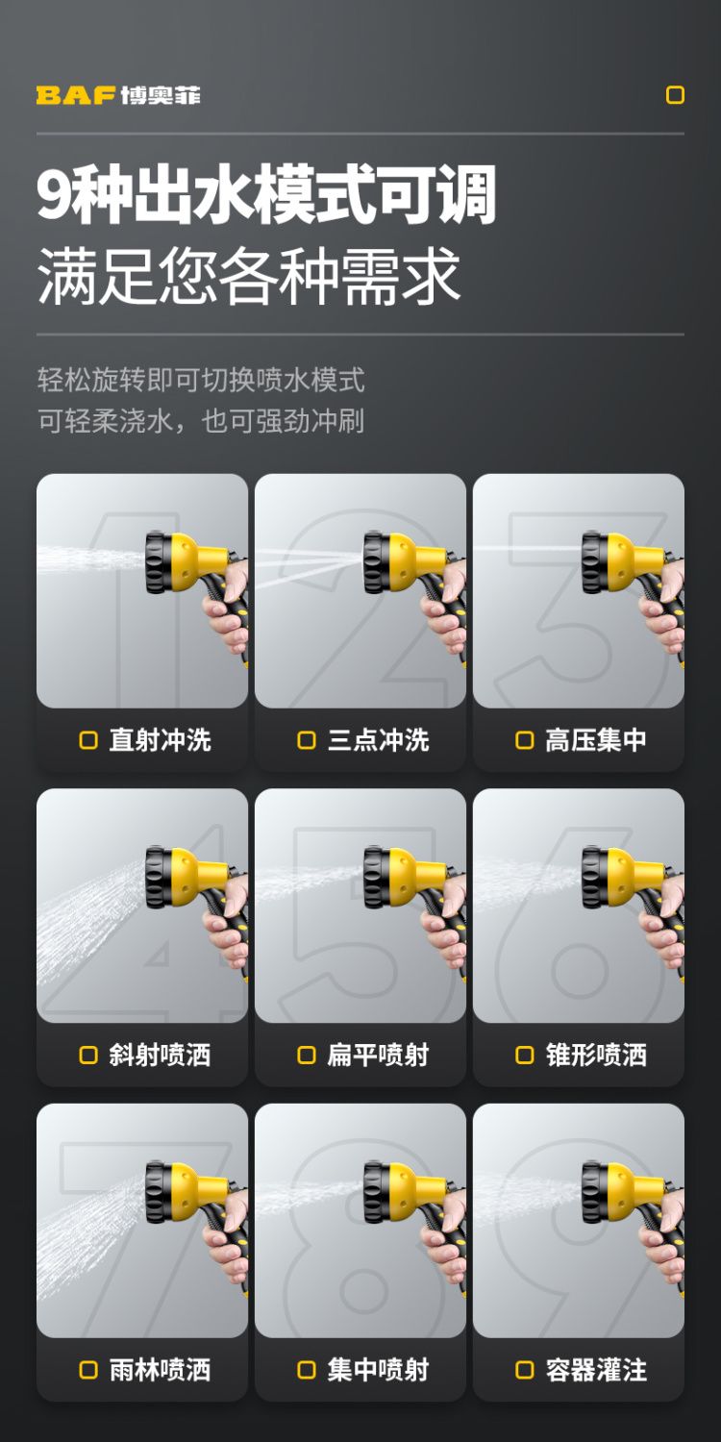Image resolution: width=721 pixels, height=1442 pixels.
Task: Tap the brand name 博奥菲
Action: tap(161, 95)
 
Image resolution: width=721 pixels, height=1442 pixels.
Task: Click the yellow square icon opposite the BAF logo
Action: tap(675, 94)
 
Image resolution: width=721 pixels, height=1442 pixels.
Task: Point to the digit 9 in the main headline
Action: tap(54, 194)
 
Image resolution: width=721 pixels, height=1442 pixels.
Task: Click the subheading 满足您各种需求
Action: tap(248, 276)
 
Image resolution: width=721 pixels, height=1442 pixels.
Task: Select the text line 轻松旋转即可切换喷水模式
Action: tap(201, 380)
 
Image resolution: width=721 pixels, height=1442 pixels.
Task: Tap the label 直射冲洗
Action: tap(161, 739)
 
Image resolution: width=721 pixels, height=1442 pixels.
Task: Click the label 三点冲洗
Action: tap(379, 739)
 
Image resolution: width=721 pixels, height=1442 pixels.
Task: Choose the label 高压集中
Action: tap(596, 739)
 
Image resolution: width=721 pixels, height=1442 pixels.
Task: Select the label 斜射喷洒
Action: tap(161, 1056)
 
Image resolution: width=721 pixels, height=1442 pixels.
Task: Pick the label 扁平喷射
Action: tap(379, 1056)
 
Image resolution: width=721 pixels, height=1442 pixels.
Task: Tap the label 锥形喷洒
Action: tap(596, 1056)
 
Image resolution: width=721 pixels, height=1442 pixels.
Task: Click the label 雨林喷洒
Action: tap(161, 1370)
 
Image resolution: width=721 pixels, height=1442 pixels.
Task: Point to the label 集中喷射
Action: tap(379, 1370)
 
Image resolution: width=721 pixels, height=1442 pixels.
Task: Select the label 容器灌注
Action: tap(596, 1370)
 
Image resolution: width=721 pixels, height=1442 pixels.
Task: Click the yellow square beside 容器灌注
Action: tap(525, 1370)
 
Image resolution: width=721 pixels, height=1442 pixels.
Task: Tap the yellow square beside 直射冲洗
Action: tap(88, 740)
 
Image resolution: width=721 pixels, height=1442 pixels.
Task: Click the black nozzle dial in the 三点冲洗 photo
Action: tap(376, 562)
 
